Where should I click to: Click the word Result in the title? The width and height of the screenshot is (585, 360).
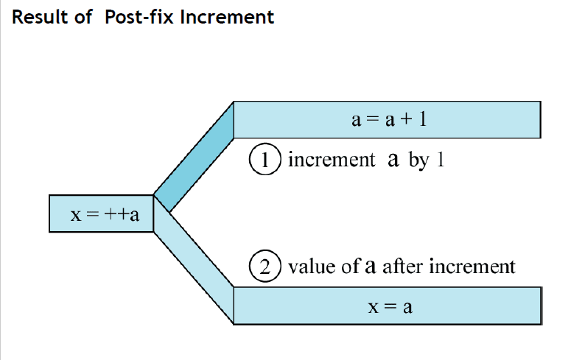click(x=38, y=17)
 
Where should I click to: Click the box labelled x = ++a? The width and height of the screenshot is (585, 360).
click(x=101, y=214)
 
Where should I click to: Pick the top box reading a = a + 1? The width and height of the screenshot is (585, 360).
click(x=388, y=119)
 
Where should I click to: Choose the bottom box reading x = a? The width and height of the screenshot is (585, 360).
click(x=388, y=306)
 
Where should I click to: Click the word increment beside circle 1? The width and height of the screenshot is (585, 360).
click(x=331, y=160)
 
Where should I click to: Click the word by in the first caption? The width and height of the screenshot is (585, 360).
click(x=418, y=160)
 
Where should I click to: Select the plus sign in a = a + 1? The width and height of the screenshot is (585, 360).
click(x=405, y=119)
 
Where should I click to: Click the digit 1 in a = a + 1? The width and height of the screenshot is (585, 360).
click(x=422, y=119)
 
